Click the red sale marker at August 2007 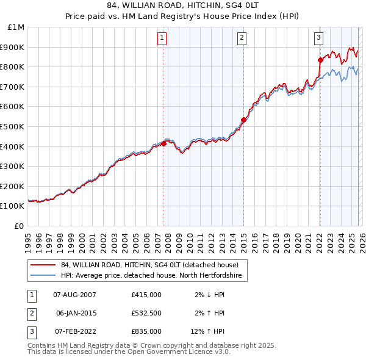[163, 143]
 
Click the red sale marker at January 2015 [243, 120]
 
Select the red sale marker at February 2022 [320, 60]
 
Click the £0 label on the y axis [20, 226]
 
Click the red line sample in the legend [43, 265]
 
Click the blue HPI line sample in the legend [43, 276]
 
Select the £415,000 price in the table [146, 295]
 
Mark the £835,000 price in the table [146, 331]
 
